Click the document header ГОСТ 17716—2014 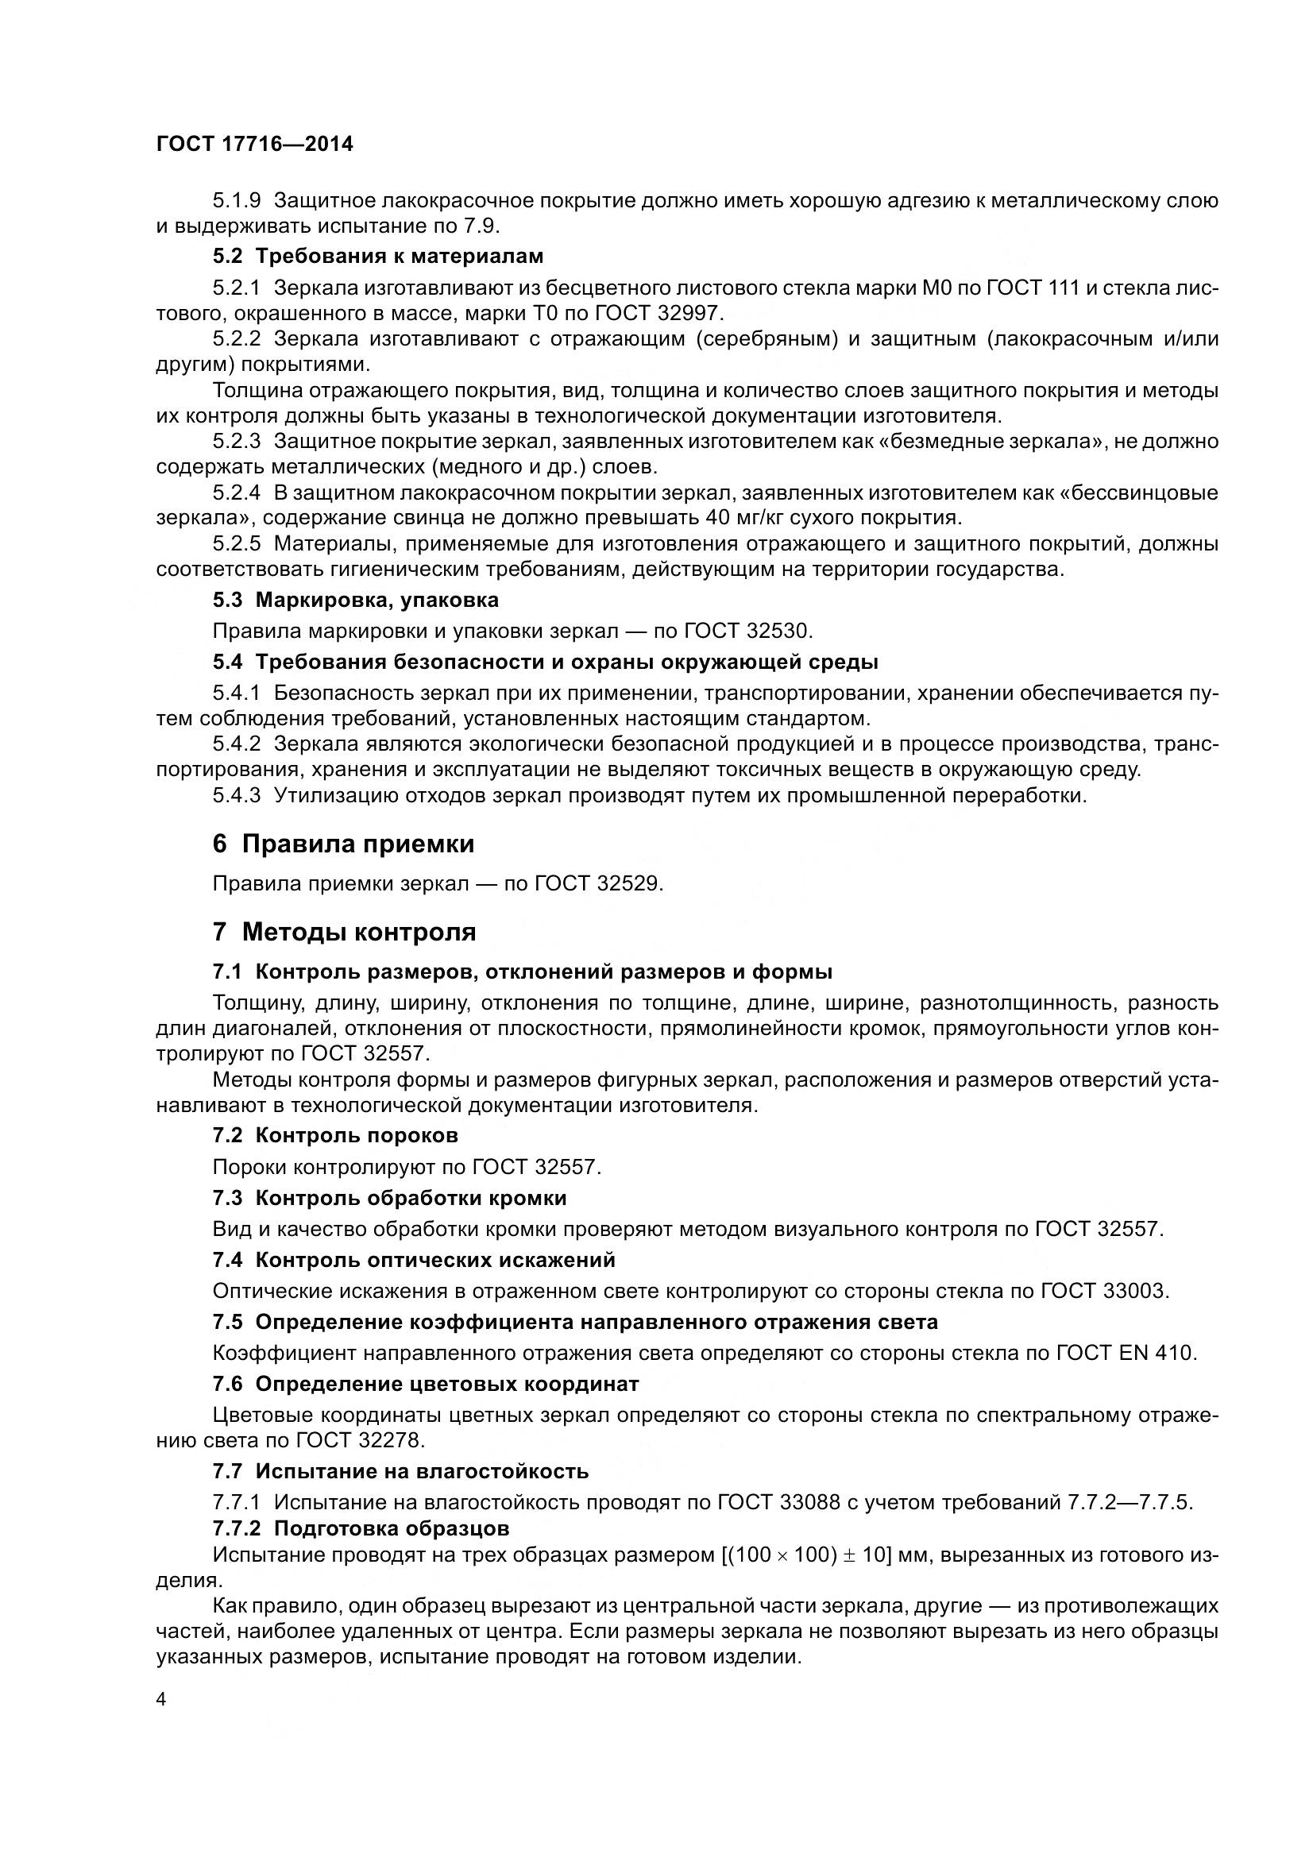pyautogui.click(x=255, y=145)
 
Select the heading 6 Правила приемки pyautogui.click(x=343, y=844)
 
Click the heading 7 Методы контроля pyautogui.click(x=344, y=932)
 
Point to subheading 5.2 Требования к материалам pyautogui.click(x=378, y=257)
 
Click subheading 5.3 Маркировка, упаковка pyautogui.click(x=355, y=600)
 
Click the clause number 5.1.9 pyautogui.click(x=236, y=201)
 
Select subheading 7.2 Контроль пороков pyautogui.click(x=335, y=1135)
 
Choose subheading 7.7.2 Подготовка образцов pyautogui.click(x=361, y=1528)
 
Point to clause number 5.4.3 pyautogui.click(x=236, y=795)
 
